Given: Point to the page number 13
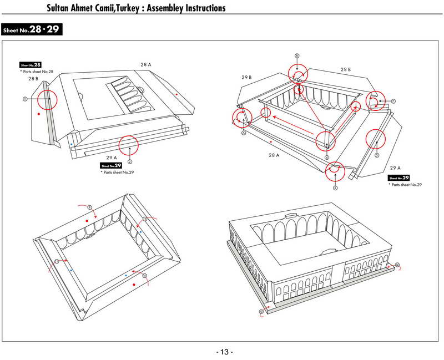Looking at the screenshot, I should pos(224,352).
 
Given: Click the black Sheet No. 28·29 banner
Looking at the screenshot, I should pos(32,29).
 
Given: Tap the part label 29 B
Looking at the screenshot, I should pos(247,77).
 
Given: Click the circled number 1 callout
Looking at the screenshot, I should pos(25,99).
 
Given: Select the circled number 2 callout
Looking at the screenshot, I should pos(129,162).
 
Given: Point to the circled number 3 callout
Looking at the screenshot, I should pos(377,156).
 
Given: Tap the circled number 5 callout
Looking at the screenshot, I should pos(335,188).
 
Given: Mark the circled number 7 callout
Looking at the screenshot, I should pos(392,101).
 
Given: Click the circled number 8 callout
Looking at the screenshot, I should pos(297,56).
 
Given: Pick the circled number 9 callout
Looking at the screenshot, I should pos(89,207).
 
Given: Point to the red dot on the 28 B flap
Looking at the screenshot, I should pos(38,114).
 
